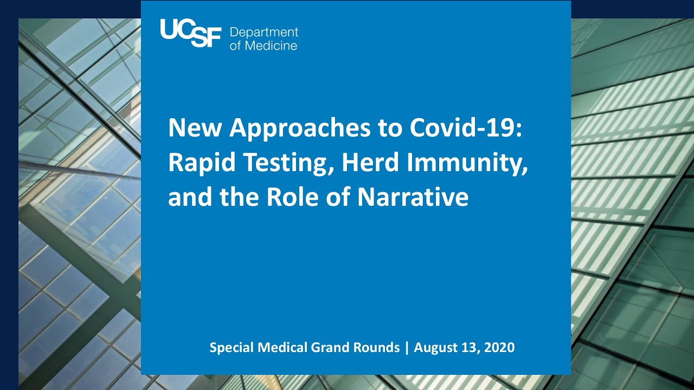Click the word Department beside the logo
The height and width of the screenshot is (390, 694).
click(x=264, y=32)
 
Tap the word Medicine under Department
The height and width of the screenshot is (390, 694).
click(x=271, y=45)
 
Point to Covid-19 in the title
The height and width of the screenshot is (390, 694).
click(x=465, y=128)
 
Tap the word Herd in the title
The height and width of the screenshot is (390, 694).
click(x=369, y=162)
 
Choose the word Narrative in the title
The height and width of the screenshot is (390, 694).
click(x=413, y=197)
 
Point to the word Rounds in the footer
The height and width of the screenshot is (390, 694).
click(x=377, y=347)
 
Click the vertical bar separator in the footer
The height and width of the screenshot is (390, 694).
click(x=407, y=348)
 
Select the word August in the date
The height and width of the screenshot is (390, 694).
click(x=435, y=348)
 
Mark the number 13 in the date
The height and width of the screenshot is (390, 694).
click(x=467, y=347)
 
